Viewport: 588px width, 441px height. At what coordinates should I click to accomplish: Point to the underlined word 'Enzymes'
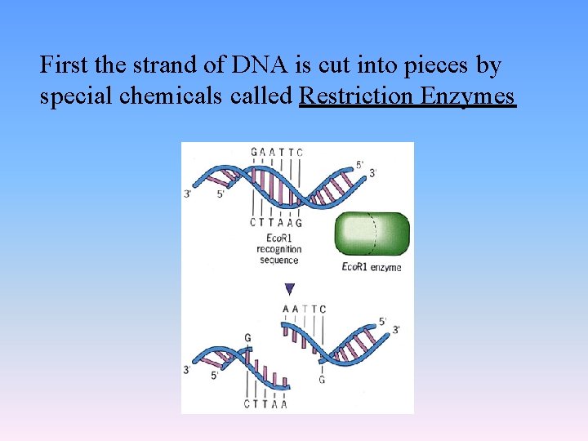point(468,96)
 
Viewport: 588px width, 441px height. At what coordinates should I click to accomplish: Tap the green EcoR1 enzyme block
point(372,234)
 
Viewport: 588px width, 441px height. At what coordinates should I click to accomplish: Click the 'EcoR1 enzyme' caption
point(372,267)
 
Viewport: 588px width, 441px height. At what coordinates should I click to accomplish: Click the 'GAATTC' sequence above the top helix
point(277,152)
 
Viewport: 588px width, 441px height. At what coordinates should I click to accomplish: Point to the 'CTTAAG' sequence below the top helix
point(276,222)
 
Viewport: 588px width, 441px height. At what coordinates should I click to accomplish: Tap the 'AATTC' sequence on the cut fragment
point(304,309)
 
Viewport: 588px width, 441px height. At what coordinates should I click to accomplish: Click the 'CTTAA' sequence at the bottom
point(266,404)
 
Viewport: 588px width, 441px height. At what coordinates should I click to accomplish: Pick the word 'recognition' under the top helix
point(278,249)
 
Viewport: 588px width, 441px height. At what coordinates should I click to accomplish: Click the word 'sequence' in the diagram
point(279,261)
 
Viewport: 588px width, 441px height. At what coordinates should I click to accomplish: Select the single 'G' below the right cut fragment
point(322,380)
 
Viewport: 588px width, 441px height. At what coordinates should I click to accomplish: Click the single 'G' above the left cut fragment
point(247,338)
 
